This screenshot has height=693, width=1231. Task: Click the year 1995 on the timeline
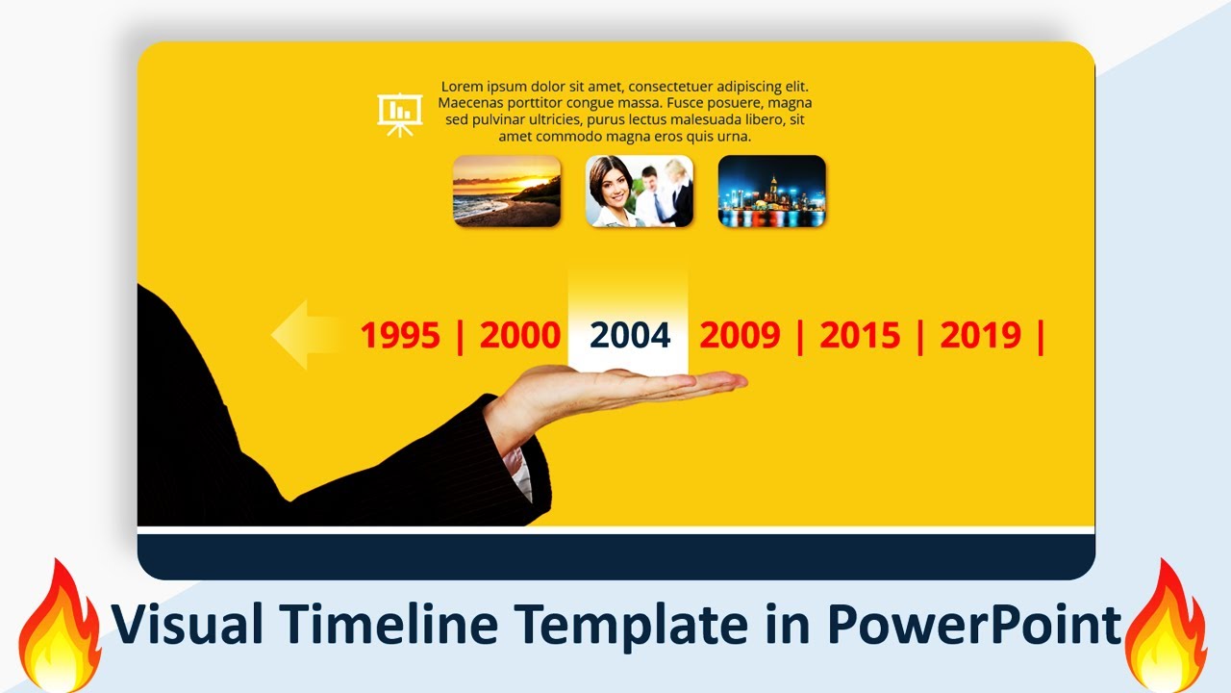tap(399, 336)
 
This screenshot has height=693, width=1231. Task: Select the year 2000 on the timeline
tap(519, 336)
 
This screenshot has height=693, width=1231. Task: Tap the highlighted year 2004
tap(630, 336)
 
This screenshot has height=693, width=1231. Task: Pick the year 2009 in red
tap(740, 336)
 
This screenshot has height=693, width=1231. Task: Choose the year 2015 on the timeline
tap(860, 336)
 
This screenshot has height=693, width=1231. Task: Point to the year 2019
tap(980, 336)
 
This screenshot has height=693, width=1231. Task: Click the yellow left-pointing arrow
tap(308, 335)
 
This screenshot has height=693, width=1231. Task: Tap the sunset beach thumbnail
tap(507, 191)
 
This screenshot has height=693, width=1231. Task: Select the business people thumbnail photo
tap(640, 191)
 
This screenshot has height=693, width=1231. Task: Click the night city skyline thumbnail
tap(772, 191)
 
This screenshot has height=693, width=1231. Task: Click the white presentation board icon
tap(399, 114)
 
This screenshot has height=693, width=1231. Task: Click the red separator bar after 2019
tap(1041, 336)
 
